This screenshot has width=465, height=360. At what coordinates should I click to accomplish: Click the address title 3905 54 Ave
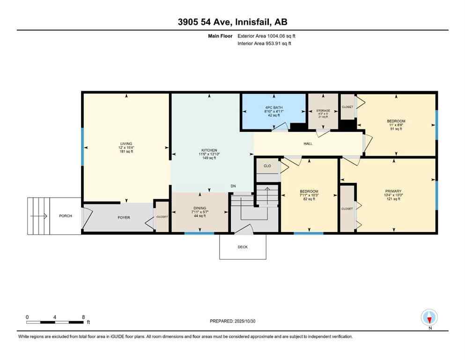(x=232, y=22)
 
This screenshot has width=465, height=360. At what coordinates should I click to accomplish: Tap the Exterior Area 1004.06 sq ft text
(x=266, y=36)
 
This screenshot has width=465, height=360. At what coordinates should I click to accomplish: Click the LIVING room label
(x=125, y=143)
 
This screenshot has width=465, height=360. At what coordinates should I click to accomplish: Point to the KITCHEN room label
(x=206, y=150)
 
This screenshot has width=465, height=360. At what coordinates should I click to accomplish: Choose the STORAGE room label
(x=323, y=111)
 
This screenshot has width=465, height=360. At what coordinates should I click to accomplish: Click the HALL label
(x=308, y=143)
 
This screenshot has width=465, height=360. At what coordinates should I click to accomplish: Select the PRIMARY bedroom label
(x=393, y=191)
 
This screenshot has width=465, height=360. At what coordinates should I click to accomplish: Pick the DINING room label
(x=199, y=208)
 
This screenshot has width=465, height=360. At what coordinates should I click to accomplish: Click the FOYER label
(x=124, y=217)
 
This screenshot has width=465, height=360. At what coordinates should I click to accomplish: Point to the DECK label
(x=243, y=247)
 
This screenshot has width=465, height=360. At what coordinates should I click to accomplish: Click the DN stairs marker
(x=233, y=186)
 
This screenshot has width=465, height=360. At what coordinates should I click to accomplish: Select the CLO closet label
(x=267, y=165)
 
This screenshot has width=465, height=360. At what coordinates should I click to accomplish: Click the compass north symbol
(x=429, y=317)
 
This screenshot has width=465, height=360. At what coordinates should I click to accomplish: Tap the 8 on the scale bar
(x=83, y=317)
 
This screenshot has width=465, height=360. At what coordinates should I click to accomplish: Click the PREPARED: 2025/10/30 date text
(x=233, y=321)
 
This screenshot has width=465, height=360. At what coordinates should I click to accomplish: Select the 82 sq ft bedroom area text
(x=309, y=199)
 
